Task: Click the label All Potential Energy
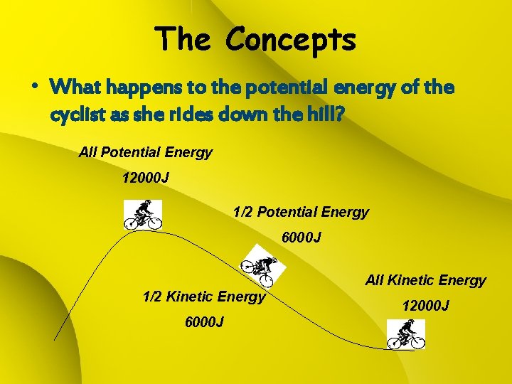(x=146, y=152)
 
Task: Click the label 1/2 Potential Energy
(x=301, y=212)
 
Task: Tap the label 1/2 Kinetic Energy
(x=204, y=297)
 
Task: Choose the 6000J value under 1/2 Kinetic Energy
(x=204, y=322)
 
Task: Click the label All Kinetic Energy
(x=425, y=280)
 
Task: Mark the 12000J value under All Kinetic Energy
(x=425, y=306)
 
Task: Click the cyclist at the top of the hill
(x=143, y=214)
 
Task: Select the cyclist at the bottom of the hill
(x=406, y=334)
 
